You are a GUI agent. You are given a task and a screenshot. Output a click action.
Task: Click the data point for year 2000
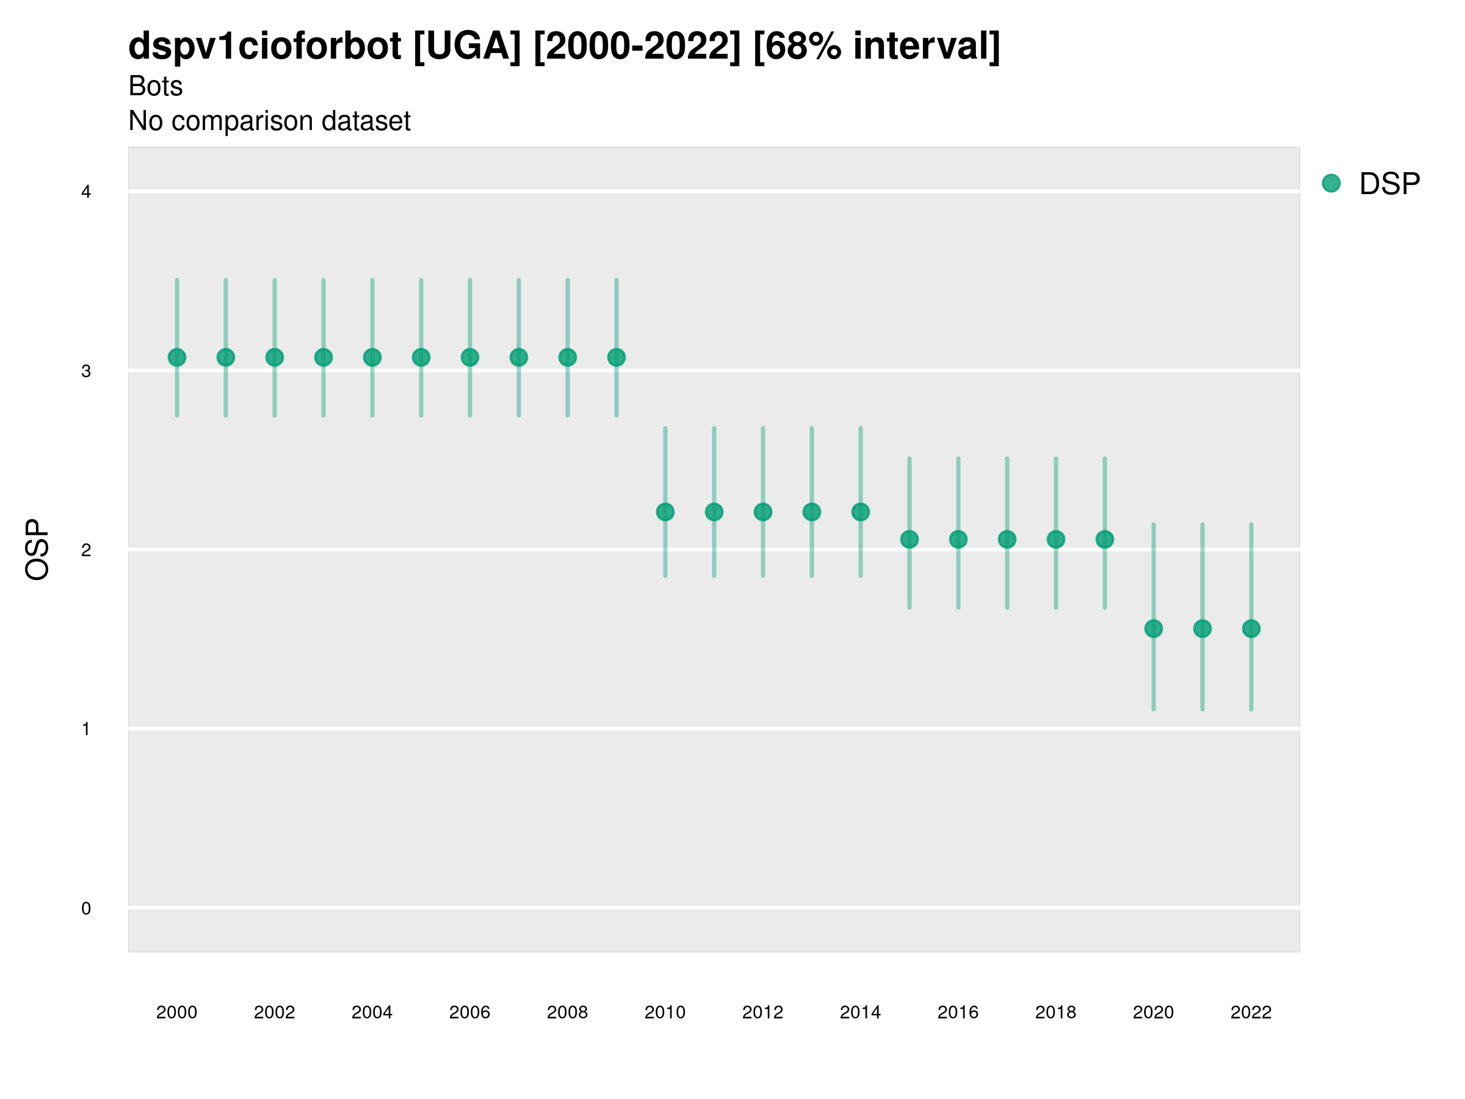(177, 357)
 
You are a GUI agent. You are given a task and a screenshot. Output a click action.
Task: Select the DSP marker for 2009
(616, 357)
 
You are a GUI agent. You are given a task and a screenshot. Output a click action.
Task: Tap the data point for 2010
(665, 512)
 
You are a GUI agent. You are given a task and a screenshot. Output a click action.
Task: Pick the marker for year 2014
(860, 512)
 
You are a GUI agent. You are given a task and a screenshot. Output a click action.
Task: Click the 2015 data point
(910, 539)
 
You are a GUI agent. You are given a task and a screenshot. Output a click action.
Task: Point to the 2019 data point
(1105, 539)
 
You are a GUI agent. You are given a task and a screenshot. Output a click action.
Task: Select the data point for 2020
(1153, 628)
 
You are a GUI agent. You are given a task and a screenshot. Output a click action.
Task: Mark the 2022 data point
(1251, 628)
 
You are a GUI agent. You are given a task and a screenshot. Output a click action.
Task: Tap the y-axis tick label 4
(86, 192)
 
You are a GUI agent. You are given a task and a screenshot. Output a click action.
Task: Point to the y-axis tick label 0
(86, 909)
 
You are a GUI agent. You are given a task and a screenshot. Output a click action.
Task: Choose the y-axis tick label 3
(86, 371)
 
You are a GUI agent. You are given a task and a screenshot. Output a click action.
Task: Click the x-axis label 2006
(469, 1012)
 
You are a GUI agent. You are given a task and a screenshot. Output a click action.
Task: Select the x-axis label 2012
(762, 1012)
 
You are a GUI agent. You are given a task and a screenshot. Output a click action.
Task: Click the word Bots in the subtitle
(155, 86)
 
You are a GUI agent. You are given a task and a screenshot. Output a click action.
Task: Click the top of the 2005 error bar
(421, 280)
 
